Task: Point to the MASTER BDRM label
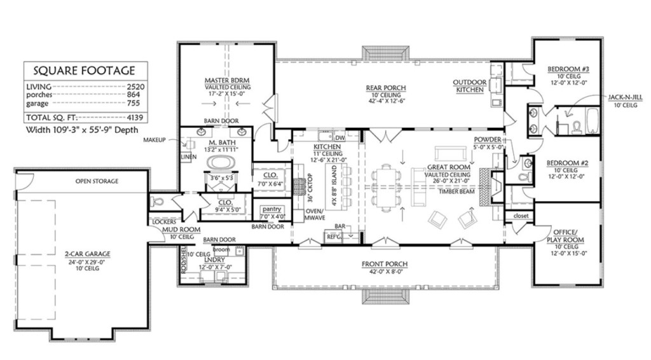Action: coord(226,80)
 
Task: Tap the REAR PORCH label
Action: coord(385,88)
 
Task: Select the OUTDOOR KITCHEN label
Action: coord(470,86)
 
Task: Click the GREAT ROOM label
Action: coord(452,168)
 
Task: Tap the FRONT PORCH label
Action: coord(385,263)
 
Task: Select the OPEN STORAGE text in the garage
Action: coord(97,181)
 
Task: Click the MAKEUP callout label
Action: coord(154,139)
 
